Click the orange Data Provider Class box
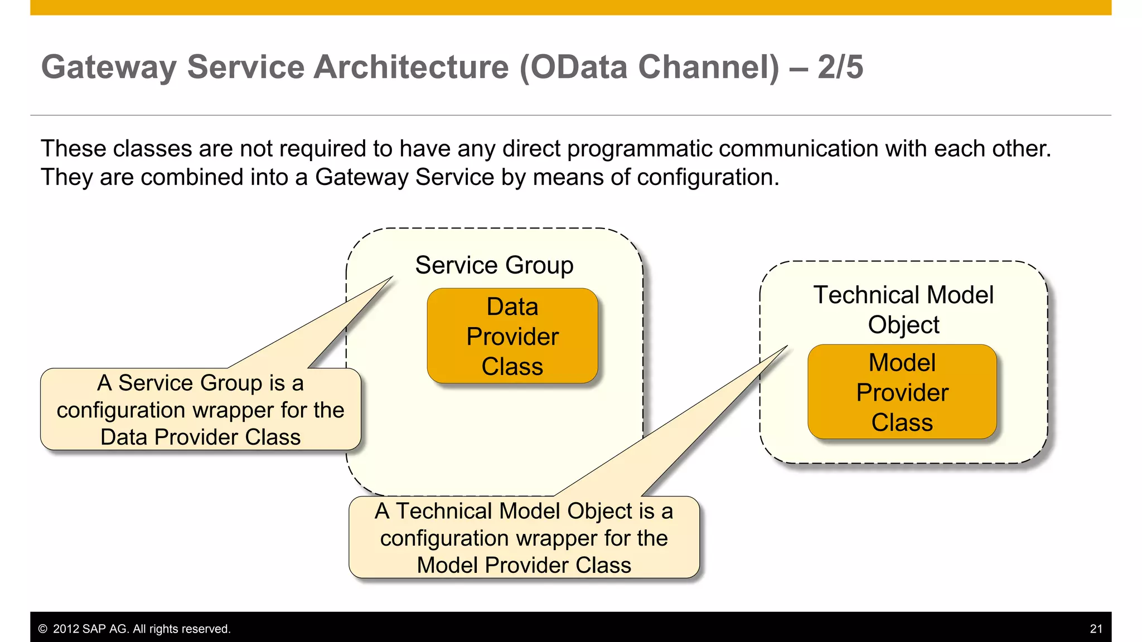[x=512, y=336]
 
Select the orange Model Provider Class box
[x=902, y=392]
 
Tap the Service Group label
[x=494, y=265]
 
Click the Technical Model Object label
[x=903, y=309]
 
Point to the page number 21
[x=1096, y=629]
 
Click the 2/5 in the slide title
[x=840, y=67]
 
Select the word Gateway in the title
[x=109, y=67]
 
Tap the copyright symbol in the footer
[x=43, y=629]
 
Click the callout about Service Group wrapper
[x=200, y=410]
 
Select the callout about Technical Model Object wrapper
[x=524, y=538]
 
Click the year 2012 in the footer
[x=66, y=629]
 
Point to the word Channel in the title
[x=708, y=67]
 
